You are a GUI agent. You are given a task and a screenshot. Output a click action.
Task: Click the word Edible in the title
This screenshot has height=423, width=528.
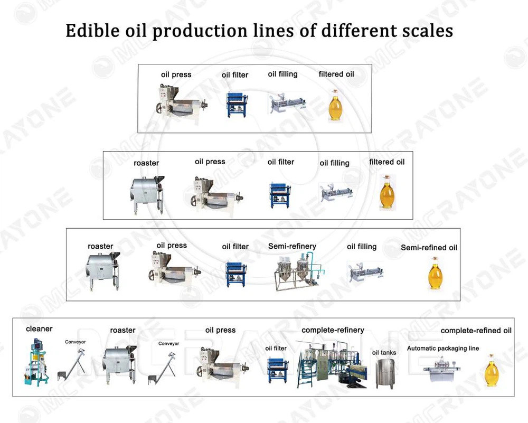92,31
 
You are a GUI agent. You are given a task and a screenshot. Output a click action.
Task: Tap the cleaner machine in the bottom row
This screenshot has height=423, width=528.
36,362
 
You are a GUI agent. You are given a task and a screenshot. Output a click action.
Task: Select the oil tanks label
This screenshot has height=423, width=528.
384,353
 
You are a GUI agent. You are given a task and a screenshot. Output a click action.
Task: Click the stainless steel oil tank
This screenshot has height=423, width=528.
385,374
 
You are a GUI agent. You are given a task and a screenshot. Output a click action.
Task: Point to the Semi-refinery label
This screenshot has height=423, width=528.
293,246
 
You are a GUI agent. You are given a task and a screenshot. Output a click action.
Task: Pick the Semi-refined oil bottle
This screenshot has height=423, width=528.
435,273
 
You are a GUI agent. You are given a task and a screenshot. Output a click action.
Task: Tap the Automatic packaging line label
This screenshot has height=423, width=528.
443,348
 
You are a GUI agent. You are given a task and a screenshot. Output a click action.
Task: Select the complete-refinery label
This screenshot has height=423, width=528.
333,330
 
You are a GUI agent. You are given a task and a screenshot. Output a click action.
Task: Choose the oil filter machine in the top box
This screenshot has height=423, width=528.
237,104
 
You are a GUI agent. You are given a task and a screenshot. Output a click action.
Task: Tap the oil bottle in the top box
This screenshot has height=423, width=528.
335,105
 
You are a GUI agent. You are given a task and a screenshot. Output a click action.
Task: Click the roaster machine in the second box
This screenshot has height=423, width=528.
147,194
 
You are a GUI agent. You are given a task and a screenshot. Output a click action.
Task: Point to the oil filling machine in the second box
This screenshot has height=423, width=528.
336,193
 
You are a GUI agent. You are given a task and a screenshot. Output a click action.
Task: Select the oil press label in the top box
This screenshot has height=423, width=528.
176,74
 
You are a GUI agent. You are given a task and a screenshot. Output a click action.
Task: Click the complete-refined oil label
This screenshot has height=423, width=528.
476,331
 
